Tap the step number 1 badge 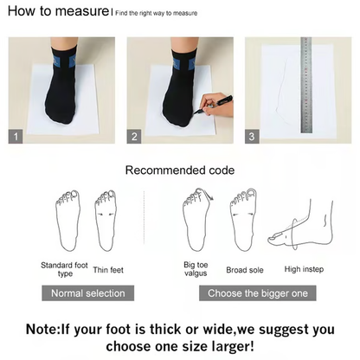[x=15, y=137]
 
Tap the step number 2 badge [x=134, y=137]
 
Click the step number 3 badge [x=252, y=137]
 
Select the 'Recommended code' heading [x=179, y=171]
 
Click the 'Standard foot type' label [x=63, y=268]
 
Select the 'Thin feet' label [x=108, y=270]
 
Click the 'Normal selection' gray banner [x=87, y=293]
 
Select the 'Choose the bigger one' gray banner [x=257, y=293]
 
